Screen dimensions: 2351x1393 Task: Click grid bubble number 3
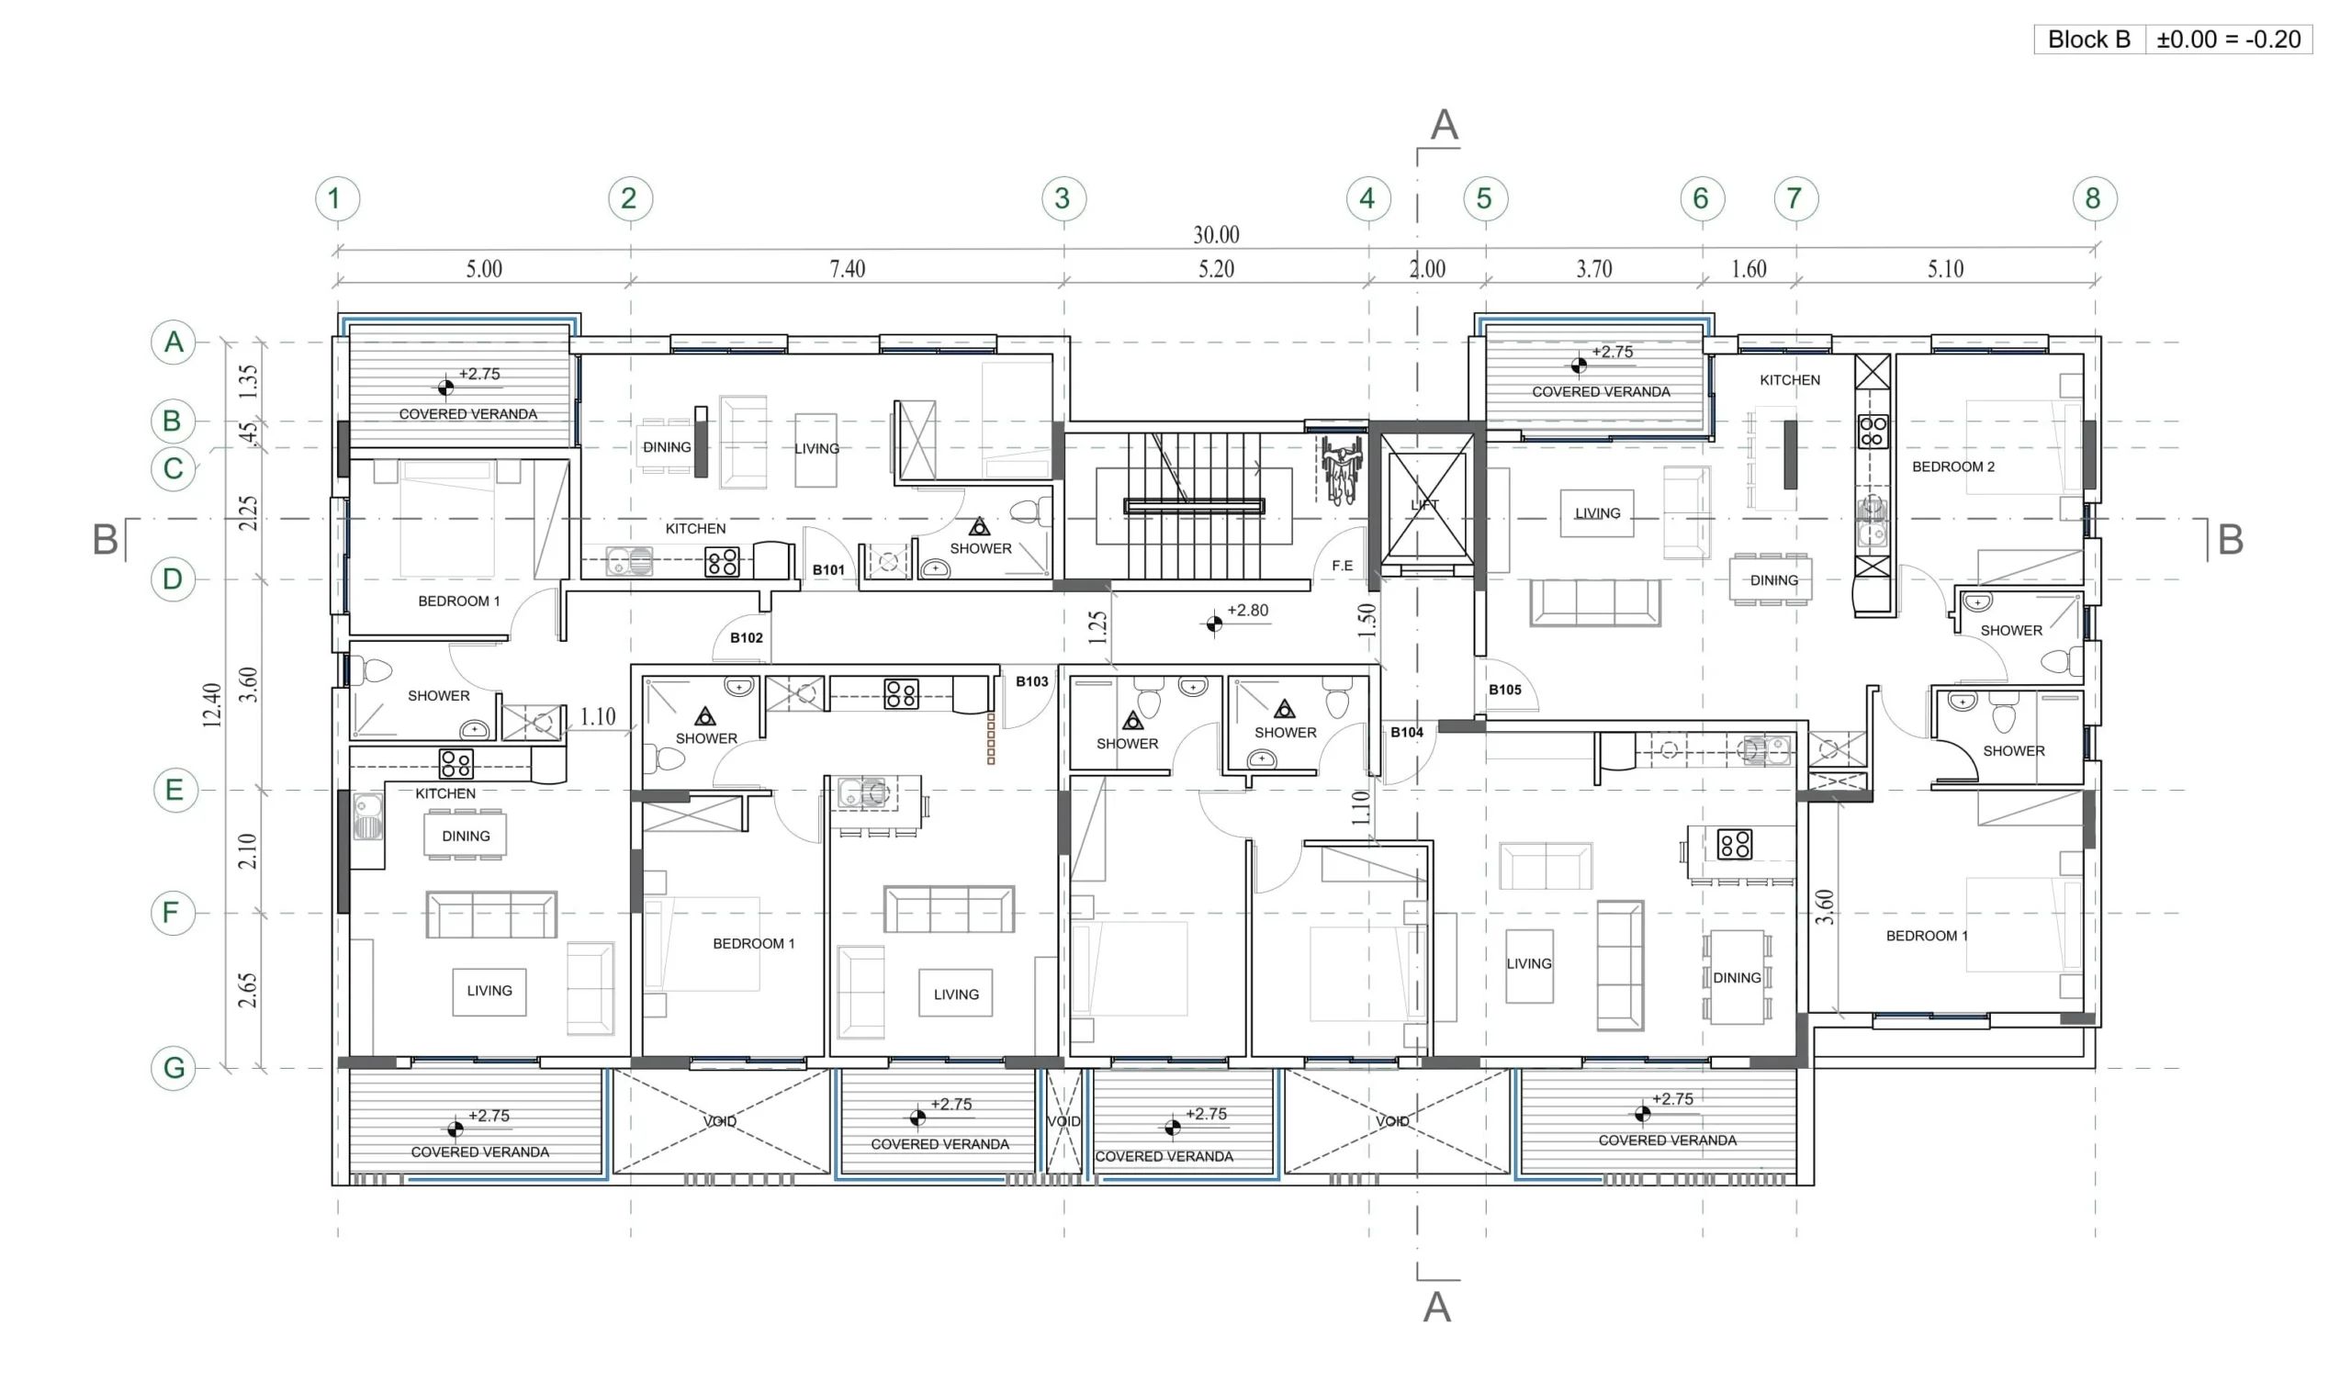tap(1063, 199)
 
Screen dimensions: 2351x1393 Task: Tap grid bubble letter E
tap(174, 791)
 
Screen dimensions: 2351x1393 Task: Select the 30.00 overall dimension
tap(1216, 235)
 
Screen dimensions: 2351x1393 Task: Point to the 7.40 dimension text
tap(848, 269)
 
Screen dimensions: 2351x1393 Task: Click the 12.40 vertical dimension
tap(212, 705)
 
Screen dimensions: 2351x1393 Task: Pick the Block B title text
tap(2089, 39)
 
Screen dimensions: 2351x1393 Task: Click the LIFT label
tap(1424, 505)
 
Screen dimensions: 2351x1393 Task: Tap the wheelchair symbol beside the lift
tap(1341, 470)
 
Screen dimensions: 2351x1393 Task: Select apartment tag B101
tap(828, 569)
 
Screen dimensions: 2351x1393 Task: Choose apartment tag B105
tap(1504, 690)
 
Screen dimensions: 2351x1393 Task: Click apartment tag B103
tap(1031, 681)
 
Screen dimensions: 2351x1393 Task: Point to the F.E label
tap(1342, 566)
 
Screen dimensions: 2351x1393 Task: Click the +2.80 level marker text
tap(1247, 610)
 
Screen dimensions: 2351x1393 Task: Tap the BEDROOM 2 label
tap(1953, 466)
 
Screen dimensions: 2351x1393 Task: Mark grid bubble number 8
tap(2094, 199)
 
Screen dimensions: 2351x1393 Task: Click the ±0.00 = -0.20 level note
tap(2228, 39)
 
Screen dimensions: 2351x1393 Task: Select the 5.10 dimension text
tap(1946, 269)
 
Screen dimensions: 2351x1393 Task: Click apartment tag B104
tap(1407, 732)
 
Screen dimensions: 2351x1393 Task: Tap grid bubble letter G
tap(174, 1068)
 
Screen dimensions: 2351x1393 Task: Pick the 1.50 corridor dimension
tap(1367, 621)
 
